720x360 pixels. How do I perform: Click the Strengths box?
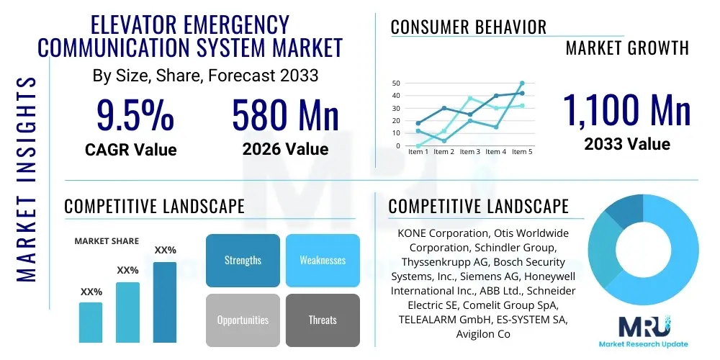[243, 260]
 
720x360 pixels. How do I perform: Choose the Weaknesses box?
[322, 260]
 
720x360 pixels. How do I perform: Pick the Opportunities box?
[243, 320]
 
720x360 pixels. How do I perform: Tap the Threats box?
[322, 320]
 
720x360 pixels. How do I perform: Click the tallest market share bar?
[165, 302]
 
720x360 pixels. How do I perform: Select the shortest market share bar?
[91, 322]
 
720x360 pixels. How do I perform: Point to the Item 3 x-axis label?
[469, 152]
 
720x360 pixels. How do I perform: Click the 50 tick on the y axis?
[395, 84]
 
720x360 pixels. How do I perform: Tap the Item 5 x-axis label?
[521, 152]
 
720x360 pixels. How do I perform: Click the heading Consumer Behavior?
[468, 27]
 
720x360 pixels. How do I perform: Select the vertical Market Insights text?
[26, 176]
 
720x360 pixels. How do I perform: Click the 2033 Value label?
[626, 144]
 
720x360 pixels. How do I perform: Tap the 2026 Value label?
[285, 149]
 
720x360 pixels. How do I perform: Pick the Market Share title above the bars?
[107, 241]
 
